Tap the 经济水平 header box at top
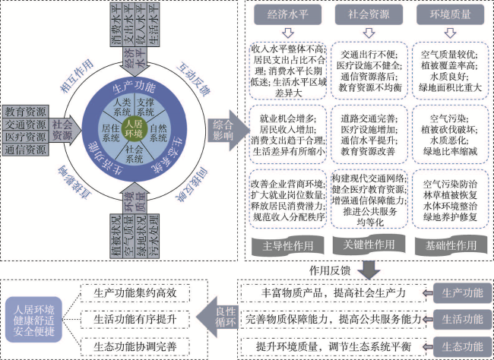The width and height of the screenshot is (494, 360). (288, 14)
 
